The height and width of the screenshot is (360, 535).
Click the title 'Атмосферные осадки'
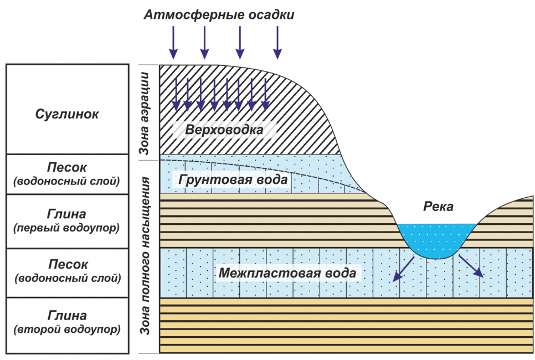click(x=219, y=15)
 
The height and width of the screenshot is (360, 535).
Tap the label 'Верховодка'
click(x=224, y=131)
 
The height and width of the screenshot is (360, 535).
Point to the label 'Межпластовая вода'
click(x=287, y=273)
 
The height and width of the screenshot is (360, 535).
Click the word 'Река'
click(x=438, y=207)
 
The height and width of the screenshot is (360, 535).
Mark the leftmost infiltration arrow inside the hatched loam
click(x=176, y=94)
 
